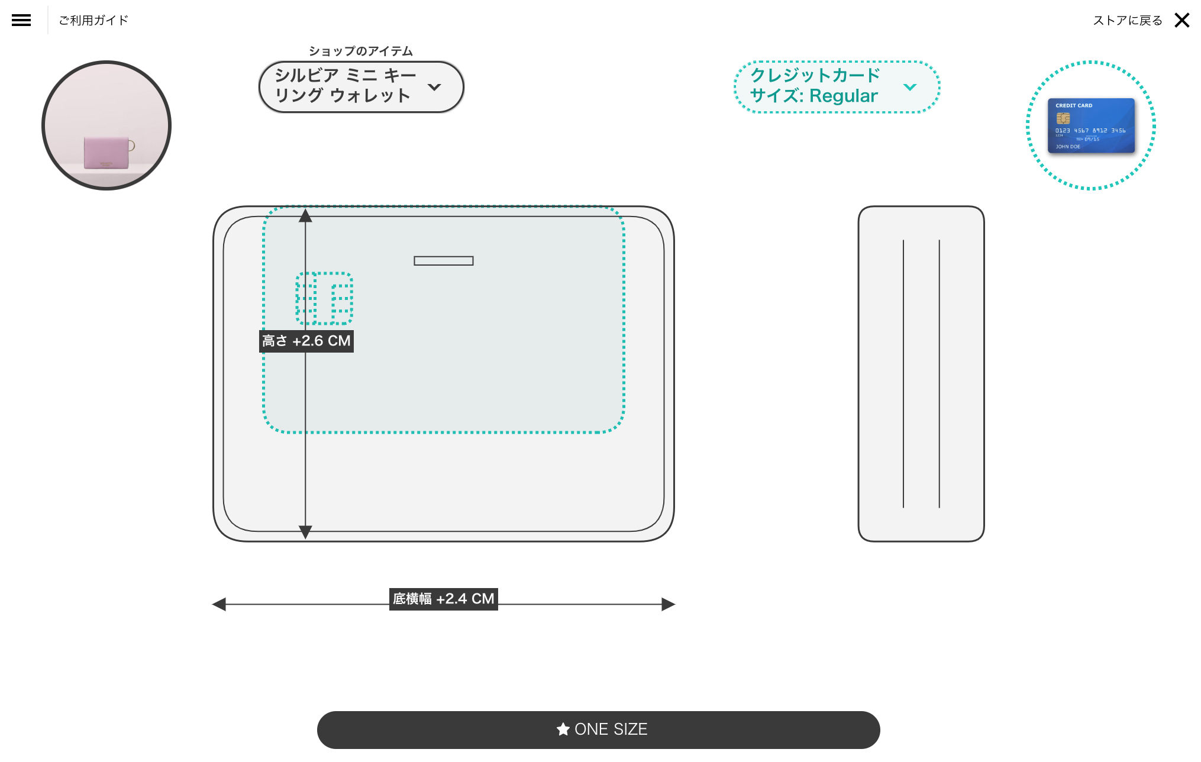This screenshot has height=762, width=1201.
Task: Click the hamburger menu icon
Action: pyautogui.click(x=21, y=20)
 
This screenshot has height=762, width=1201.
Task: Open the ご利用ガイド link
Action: pyautogui.click(x=93, y=20)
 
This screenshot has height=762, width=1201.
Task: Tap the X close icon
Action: pyautogui.click(x=1182, y=20)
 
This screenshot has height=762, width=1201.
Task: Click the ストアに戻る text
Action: pyautogui.click(x=1127, y=20)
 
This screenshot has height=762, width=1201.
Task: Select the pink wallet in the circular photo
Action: pyautogui.click(x=106, y=153)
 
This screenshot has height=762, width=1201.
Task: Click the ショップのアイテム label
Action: pyautogui.click(x=360, y=51)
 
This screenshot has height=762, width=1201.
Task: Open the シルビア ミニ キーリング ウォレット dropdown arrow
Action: pyautogui.click(x=434, y=87)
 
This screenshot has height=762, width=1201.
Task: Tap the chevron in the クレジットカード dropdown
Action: pyautogui.click(x=910, y=87)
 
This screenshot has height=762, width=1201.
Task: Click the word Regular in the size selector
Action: pyautogui.click(x=843, y=96)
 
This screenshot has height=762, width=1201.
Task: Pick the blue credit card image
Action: pyautogui.click(x=1091, y=125)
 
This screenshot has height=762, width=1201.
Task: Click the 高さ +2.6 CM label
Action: pyautogui.click(x=306, y=341)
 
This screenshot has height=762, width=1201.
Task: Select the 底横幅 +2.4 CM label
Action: pyautogui.click(x=443, y=599)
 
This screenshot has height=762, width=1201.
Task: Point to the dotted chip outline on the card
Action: pyautogui.click(x=324, y=298)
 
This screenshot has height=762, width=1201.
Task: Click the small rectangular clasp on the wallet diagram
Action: pyautogui.click(x=443, y=261)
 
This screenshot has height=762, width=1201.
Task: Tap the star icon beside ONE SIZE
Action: pyautogui.click(x=563, y=729)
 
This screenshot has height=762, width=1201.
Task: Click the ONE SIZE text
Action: pyautogui.click(x=611, y=729)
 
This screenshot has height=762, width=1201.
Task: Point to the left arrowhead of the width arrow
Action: pyautogui.click(x=219, y=604)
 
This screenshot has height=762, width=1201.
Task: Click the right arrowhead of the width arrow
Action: pyautogui.click(x=668, y=604)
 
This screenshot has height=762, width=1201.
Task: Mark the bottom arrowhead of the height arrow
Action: pyautogui.click(x=305, y=532)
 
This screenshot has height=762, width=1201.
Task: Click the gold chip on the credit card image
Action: pyautogui.click(x=1063, y=118)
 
